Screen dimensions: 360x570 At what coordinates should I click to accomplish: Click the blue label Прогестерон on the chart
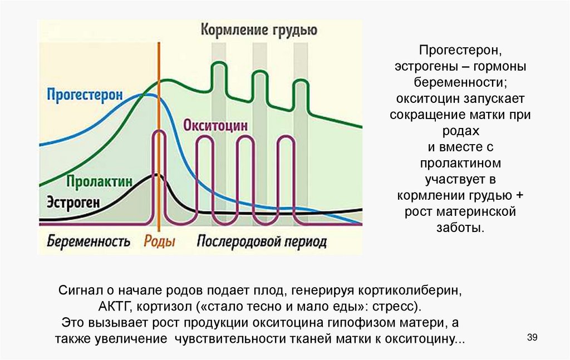(84, 95)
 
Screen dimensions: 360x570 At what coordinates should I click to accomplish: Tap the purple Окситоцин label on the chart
(215, 125)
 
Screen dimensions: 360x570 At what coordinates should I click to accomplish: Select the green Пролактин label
(100, 181)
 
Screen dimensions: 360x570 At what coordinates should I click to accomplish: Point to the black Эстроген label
(73, 202)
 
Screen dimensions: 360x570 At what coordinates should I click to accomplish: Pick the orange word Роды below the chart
(159, 241)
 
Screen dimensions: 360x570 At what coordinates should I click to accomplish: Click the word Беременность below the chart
(89, 241)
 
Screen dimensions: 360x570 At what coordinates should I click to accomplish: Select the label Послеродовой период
(262, 241)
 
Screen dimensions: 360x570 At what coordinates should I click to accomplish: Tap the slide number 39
(532, 338)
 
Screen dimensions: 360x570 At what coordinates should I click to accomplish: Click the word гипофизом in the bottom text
(361, 323)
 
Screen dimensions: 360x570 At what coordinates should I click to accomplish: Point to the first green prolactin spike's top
(218, 64)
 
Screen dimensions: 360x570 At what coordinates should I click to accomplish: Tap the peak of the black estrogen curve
(157, 175)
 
